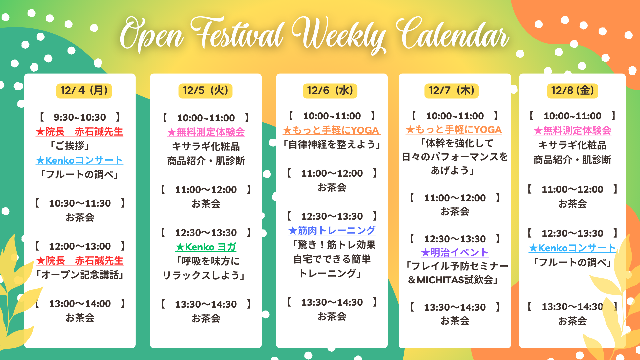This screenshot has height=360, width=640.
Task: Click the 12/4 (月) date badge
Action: point(84,91)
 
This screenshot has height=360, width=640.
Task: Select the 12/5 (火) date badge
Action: point(205,91)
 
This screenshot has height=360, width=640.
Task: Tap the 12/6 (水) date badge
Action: point(330,91)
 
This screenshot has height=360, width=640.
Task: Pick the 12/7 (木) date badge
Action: point(451,91)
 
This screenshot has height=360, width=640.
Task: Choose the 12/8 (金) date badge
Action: point(573,91)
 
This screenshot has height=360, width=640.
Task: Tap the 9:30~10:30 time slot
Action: point(80,117)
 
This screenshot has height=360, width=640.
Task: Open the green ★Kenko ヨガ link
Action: point(206,247)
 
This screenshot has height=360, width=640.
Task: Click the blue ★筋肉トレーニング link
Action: point(332,230)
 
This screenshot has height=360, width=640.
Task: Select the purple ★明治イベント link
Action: point(455,253)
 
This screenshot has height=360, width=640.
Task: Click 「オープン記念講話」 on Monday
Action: point(80,275)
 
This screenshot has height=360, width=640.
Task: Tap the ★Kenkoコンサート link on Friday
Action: point(572,248)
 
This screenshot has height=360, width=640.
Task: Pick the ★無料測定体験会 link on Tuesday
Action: point(206,132)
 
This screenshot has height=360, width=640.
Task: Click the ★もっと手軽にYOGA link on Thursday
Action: point(454,130)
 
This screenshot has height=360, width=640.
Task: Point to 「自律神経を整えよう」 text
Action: point(332,145)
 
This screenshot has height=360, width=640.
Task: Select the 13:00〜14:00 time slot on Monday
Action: point(80,304)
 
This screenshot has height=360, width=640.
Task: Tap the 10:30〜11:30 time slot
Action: point(80,203)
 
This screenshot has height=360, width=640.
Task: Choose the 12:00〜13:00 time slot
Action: point(80,246)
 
